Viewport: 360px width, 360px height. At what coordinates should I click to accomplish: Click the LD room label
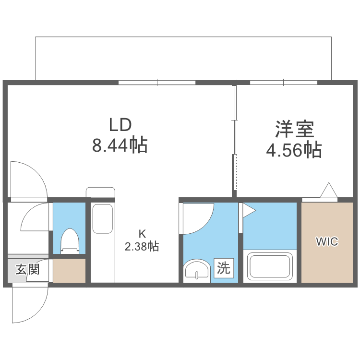click(x=120, y=125)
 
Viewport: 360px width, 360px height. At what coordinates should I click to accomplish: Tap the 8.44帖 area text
click(x=120, y=144)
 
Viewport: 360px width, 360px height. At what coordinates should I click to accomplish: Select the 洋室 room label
click(x=294, y=129)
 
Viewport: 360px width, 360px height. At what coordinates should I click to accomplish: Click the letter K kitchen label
click(x=142, y=234)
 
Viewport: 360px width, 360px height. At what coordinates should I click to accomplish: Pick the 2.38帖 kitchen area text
click(x=142, y=247)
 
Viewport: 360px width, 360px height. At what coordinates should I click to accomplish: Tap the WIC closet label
click(x=326, y=241)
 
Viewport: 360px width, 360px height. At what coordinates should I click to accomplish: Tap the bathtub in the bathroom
click(x=269, y=267)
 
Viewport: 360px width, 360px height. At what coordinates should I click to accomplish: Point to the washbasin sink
click(x=198, y=270)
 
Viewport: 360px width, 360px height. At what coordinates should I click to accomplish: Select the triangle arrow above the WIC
click(x=329, y=191)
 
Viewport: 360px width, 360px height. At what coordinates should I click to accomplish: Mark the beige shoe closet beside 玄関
click(x=69, y=270)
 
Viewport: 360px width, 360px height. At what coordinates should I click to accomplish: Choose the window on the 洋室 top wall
click(x=283, y=83)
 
